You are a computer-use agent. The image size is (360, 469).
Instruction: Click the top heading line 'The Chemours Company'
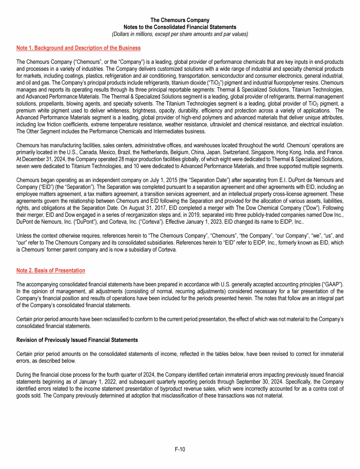(x=180, y=20)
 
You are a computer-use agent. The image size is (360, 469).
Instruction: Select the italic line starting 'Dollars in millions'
(x=180, y=34)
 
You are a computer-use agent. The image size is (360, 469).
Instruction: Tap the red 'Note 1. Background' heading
(x=78, y=48)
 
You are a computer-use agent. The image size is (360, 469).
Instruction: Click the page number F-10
(x=180, y=449)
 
